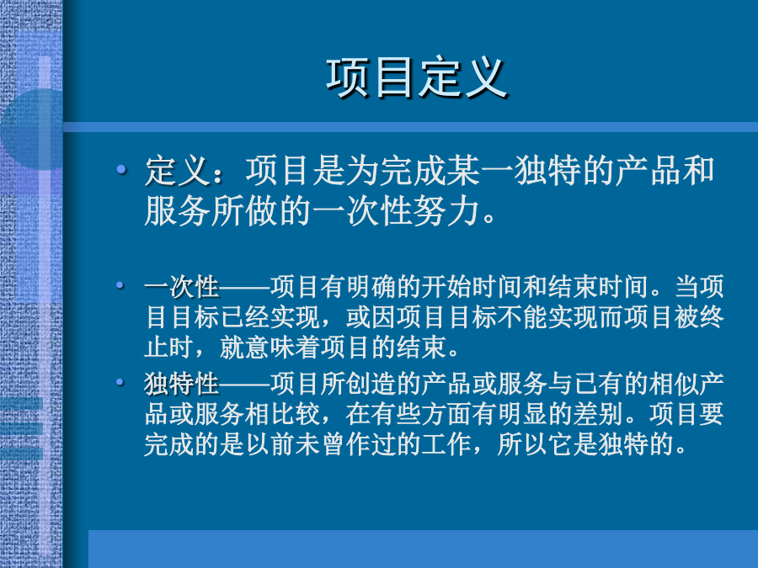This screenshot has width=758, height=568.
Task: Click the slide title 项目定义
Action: pyautogui.click(x=417, y=77)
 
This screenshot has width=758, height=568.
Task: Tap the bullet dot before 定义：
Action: pyautogui.click(x=121, y=169)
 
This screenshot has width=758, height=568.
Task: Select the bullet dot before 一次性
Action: pyautogui.click(x=120, y=285)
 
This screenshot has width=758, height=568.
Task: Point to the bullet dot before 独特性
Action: pyautogui.click(x=120, y=383)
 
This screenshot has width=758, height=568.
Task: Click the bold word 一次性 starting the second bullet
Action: pyautogui.click(x=182, y=287)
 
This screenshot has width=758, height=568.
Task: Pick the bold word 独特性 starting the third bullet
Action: pyautogui.click(x=182, y=384)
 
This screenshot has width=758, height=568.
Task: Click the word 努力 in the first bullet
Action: pyautogui.click(x=446, y=211)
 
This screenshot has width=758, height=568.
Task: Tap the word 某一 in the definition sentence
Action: pyautogui.click(x=479, y=171)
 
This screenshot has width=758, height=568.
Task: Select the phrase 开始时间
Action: pyautogui.click(x=472, y=287)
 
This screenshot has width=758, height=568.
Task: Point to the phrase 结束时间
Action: pyautogui.click(x=598, y=287)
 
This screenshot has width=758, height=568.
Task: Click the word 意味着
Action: pyautogui.click(x=282, y=348)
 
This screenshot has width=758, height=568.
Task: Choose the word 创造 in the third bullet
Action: pyautogui.click(x=371, y=384)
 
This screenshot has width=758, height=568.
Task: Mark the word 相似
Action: pyautogui.click(x=674, y=384)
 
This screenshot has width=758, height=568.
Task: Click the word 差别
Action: pyautogui.click(x=598, y=414)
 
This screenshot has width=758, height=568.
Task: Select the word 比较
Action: pyautogui.click(x=295, y=414)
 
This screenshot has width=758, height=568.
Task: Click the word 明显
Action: pyautogui.click(x=522, y=414)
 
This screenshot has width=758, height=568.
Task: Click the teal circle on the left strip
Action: pyautogui.click(x=32, y=129)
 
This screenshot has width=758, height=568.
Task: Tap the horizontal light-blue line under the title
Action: pyautogui.click(x=410, y=127)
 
